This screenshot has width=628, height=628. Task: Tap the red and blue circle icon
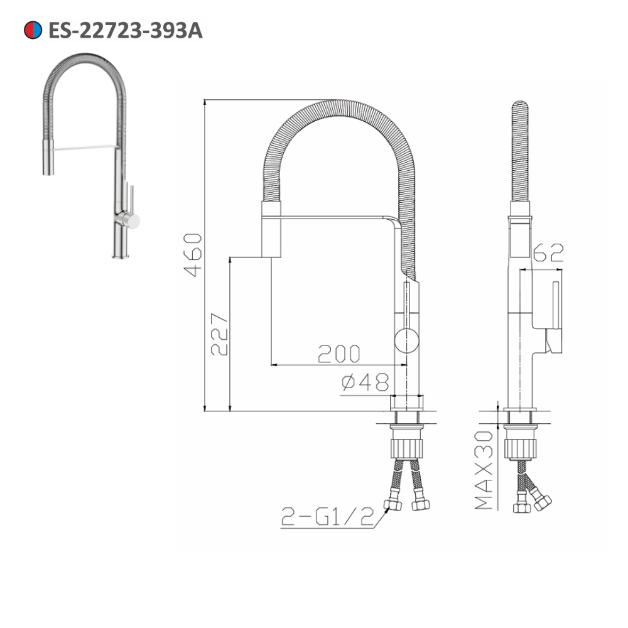33,30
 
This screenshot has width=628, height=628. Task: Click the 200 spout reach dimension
338,354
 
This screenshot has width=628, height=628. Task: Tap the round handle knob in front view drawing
406,342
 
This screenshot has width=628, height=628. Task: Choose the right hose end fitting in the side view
541,501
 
